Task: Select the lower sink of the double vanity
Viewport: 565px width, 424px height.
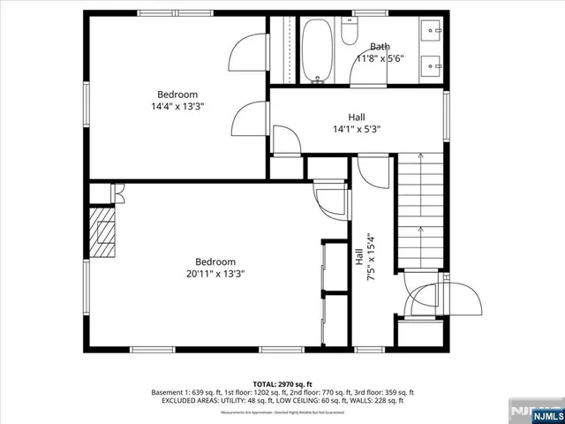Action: coord(433,64)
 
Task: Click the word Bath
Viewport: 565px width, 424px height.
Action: coord(380,47)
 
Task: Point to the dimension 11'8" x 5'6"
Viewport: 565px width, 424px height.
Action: coord(380,58)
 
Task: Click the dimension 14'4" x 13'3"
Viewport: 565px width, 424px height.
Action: coord(177,106)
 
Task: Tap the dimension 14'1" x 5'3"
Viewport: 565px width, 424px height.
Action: coord(357,128)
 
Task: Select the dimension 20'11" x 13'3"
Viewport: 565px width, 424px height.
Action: coord(215,274)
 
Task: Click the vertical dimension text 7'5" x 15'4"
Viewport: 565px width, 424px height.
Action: coord(371,257)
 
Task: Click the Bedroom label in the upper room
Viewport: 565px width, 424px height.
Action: coord(177,95)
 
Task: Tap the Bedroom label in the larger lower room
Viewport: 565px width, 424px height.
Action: coord(215,261)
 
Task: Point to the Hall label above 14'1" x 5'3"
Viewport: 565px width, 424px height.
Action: coord(357,117)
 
